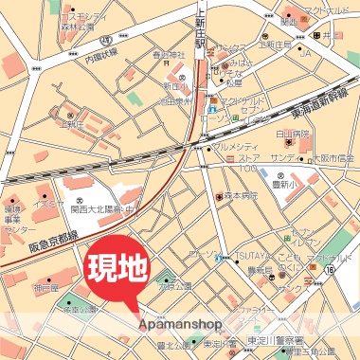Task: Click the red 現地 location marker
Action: (x=117, y=268)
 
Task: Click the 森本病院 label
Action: (x=242, y=196)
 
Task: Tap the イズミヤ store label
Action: (x=47, y=201)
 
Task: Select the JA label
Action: (x=305, y=53)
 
